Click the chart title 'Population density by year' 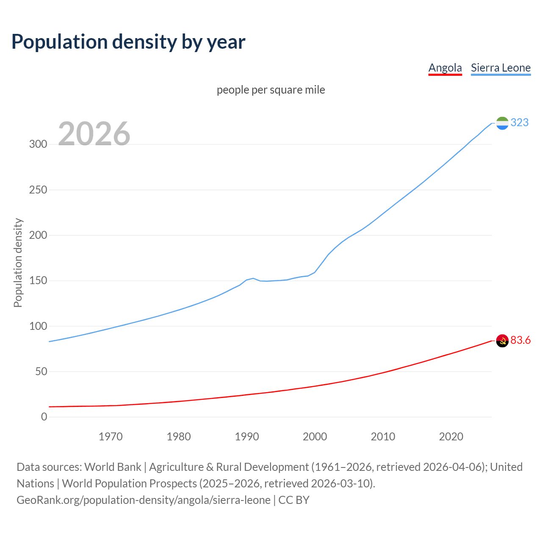128,41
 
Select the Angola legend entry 445,68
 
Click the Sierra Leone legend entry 501,68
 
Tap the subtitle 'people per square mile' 271,90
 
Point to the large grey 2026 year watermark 94,134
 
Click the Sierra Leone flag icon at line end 502,123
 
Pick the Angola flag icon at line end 502,340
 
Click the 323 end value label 520,122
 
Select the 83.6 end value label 520,340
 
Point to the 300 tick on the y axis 38,144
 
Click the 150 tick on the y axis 38,281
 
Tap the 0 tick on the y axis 44,417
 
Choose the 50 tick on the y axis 41,372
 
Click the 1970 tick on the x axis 111,437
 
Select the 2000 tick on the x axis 315,437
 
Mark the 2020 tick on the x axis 451,437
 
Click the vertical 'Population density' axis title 18,263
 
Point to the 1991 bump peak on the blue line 253,278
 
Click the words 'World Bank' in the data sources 113,467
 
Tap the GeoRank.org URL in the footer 143,500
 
